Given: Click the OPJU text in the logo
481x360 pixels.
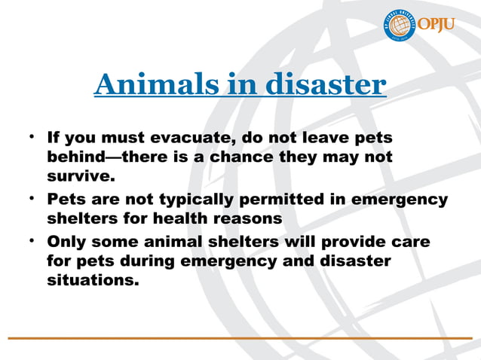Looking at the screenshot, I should click(438, 25).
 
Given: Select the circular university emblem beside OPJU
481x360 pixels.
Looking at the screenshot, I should click(400, 26).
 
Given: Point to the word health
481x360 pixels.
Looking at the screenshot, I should click(183, 218).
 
